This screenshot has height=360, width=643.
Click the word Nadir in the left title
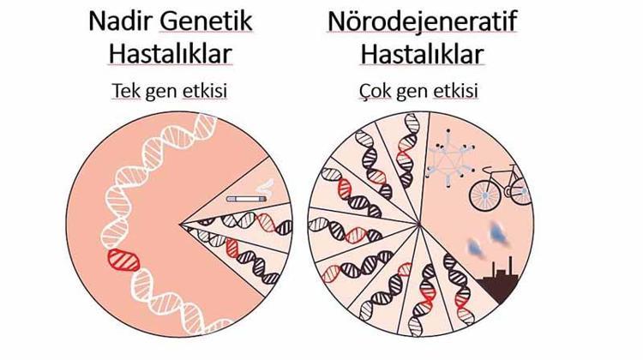pos(120,21)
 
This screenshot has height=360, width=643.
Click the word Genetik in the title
pos(206,21)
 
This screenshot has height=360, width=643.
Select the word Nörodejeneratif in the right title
pos(422,21)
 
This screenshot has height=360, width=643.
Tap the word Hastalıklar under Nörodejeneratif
pos(422,54)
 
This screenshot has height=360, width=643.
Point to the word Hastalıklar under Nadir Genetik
pos(171,54)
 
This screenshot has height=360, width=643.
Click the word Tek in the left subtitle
pos(126,91)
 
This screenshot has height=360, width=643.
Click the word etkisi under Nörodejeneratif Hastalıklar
pos(455,91)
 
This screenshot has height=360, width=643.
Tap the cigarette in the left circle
pos(246,199)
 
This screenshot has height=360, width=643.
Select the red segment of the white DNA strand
pos(123,260)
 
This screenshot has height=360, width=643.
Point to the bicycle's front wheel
pos(484,196)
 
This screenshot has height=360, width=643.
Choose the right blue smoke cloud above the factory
pos(499,233)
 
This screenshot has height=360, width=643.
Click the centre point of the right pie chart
pos(420,225)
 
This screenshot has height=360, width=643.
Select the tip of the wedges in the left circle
pos(180,225)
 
